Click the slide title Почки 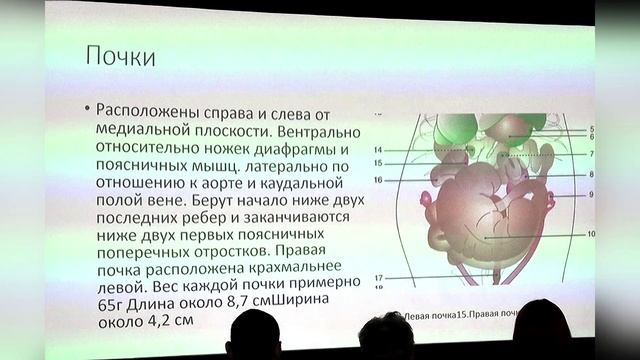121,56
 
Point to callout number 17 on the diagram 379,277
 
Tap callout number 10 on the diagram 591,234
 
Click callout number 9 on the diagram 591,194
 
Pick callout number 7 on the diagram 591,154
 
